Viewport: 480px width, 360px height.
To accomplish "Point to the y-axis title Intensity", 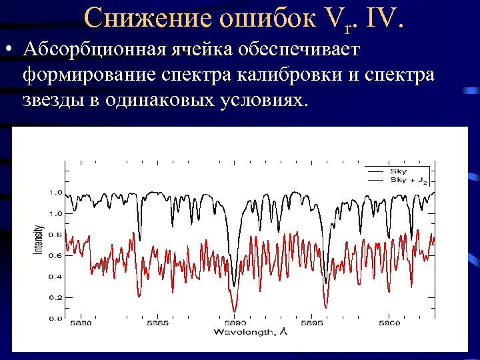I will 39,239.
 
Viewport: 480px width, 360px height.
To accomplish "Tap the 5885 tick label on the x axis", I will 157,323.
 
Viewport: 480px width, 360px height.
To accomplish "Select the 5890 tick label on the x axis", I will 235,323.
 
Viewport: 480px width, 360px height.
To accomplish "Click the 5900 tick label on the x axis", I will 389,323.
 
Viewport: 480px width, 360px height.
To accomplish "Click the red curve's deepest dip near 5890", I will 234,310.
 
